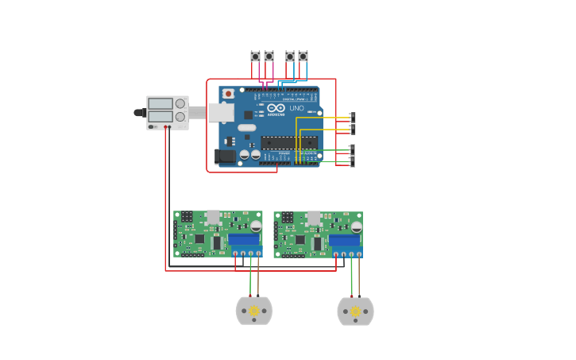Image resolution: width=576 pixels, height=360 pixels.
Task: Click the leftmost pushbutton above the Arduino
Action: click(255, 56)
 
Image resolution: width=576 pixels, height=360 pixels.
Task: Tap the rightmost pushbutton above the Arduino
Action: click(303, 56)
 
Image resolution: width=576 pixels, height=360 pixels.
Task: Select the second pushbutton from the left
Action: click(269, 56)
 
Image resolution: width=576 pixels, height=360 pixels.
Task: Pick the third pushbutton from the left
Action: click(290, 56)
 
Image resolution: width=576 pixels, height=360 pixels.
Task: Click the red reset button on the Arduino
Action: click(229, 94)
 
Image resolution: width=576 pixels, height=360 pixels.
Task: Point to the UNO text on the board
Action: click(296, 108)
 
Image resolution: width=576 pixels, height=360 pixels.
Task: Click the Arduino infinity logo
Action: click(276, 108)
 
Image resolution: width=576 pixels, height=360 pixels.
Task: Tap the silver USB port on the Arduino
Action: click(221, 113)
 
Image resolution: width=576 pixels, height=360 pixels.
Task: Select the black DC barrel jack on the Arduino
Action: click(226, 157)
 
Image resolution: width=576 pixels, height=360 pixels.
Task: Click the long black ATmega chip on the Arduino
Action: click(289, 142)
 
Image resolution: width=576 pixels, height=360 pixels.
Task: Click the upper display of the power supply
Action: click(160, 103)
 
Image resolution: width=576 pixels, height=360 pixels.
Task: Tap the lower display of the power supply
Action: click(160, 117)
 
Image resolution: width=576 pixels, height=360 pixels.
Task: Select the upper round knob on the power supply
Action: click(180, 103)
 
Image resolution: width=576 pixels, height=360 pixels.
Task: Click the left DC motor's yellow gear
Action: click(254, 311)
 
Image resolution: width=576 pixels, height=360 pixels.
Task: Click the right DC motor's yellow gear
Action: click(355, 311)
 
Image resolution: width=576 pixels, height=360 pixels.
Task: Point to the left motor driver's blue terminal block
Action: click(243, 239)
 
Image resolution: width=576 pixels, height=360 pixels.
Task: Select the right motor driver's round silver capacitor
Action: click(356, 226)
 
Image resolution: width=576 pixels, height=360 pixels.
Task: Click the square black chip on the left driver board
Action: click(199, 238)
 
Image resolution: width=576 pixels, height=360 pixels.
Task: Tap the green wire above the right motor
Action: click(351, 278)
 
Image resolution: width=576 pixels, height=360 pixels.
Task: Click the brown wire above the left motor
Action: click(258, 278)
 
